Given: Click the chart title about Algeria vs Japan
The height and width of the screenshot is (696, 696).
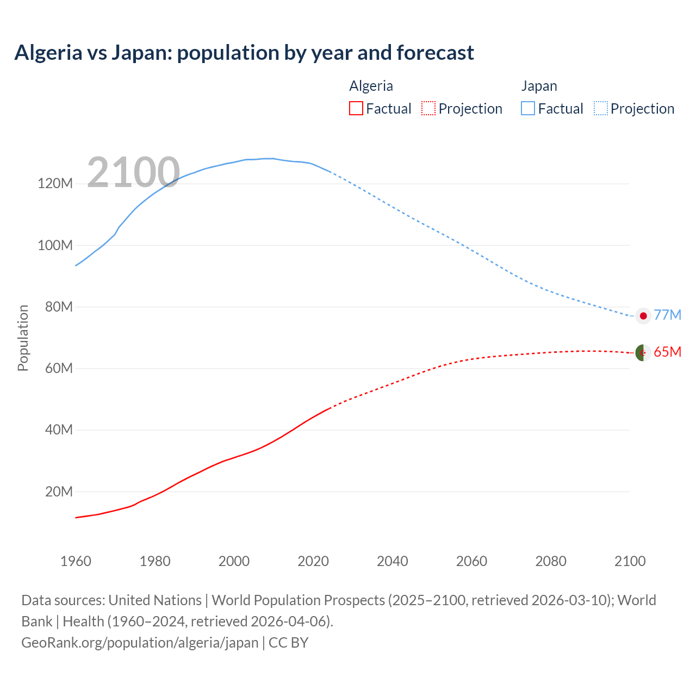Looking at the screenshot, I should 244,53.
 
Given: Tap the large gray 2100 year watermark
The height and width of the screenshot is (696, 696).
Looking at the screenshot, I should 133,172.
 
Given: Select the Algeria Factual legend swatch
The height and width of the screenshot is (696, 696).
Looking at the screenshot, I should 356,108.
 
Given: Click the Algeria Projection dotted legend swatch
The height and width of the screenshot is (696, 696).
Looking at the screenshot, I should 428,108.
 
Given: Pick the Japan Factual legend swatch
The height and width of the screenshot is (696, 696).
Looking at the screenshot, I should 527,108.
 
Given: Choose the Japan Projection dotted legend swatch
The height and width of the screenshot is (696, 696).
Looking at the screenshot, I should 601,108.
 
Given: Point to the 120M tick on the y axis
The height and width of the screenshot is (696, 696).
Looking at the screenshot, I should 55,183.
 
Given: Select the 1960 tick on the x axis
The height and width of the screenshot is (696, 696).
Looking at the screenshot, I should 76,561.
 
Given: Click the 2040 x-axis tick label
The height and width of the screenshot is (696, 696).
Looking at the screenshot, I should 392,561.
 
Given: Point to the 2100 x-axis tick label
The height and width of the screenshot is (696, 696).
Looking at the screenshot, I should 630,561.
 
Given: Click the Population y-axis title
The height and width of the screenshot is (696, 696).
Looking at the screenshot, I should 23,338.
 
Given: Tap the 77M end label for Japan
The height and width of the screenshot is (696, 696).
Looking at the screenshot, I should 667,315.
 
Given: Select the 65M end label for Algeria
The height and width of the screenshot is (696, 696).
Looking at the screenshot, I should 667,352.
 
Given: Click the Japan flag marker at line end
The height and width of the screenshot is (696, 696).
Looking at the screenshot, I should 643,316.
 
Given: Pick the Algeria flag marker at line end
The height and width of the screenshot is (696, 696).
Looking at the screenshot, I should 643,353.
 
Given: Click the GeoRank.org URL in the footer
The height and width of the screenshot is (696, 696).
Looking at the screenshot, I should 140,642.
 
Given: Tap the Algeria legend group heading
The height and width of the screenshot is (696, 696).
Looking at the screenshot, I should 371,86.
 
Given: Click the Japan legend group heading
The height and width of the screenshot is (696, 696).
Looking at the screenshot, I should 539,86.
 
